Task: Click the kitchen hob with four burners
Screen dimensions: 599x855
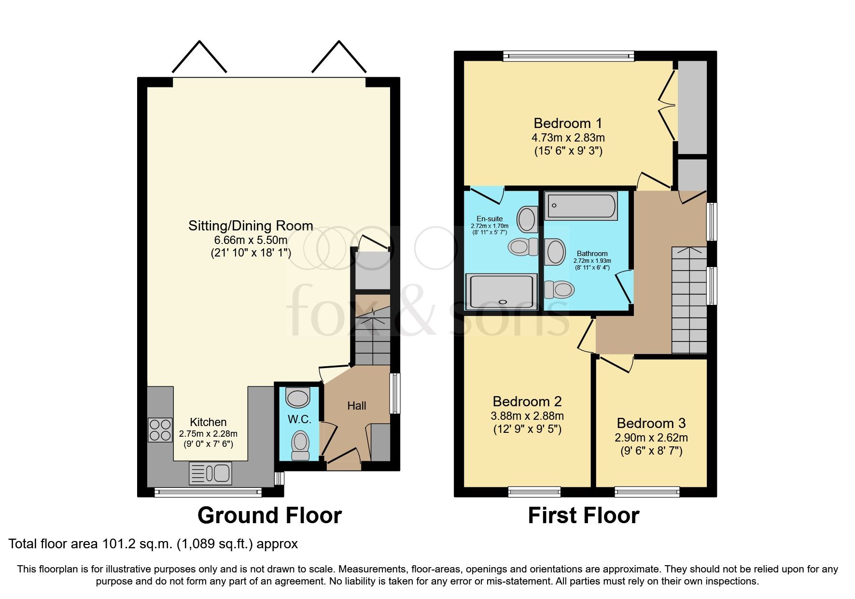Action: [160, 429]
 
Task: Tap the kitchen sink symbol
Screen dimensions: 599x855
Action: [210, 473]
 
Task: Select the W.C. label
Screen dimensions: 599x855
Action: [299, 419]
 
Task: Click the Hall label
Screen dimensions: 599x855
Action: [357, 406]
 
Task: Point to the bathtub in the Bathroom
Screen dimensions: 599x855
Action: [581, 206]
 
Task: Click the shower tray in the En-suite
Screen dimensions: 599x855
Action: [501, 292]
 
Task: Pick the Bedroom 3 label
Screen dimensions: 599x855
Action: [651, 423]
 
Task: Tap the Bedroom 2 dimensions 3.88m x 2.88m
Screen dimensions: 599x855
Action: [527, 416]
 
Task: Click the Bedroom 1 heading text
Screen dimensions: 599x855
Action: [568, 123]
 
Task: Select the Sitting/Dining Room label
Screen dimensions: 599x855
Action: [251, 226]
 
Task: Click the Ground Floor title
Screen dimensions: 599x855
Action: [269, 515]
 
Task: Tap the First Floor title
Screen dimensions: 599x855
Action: [583, 515]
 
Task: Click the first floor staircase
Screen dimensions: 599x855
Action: [689, 300]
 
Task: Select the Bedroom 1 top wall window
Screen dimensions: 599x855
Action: [568, 56]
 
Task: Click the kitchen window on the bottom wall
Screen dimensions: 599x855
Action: [208, 492]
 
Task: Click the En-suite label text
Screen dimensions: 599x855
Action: [489, 219]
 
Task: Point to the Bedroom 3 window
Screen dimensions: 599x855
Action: [647, 492]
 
